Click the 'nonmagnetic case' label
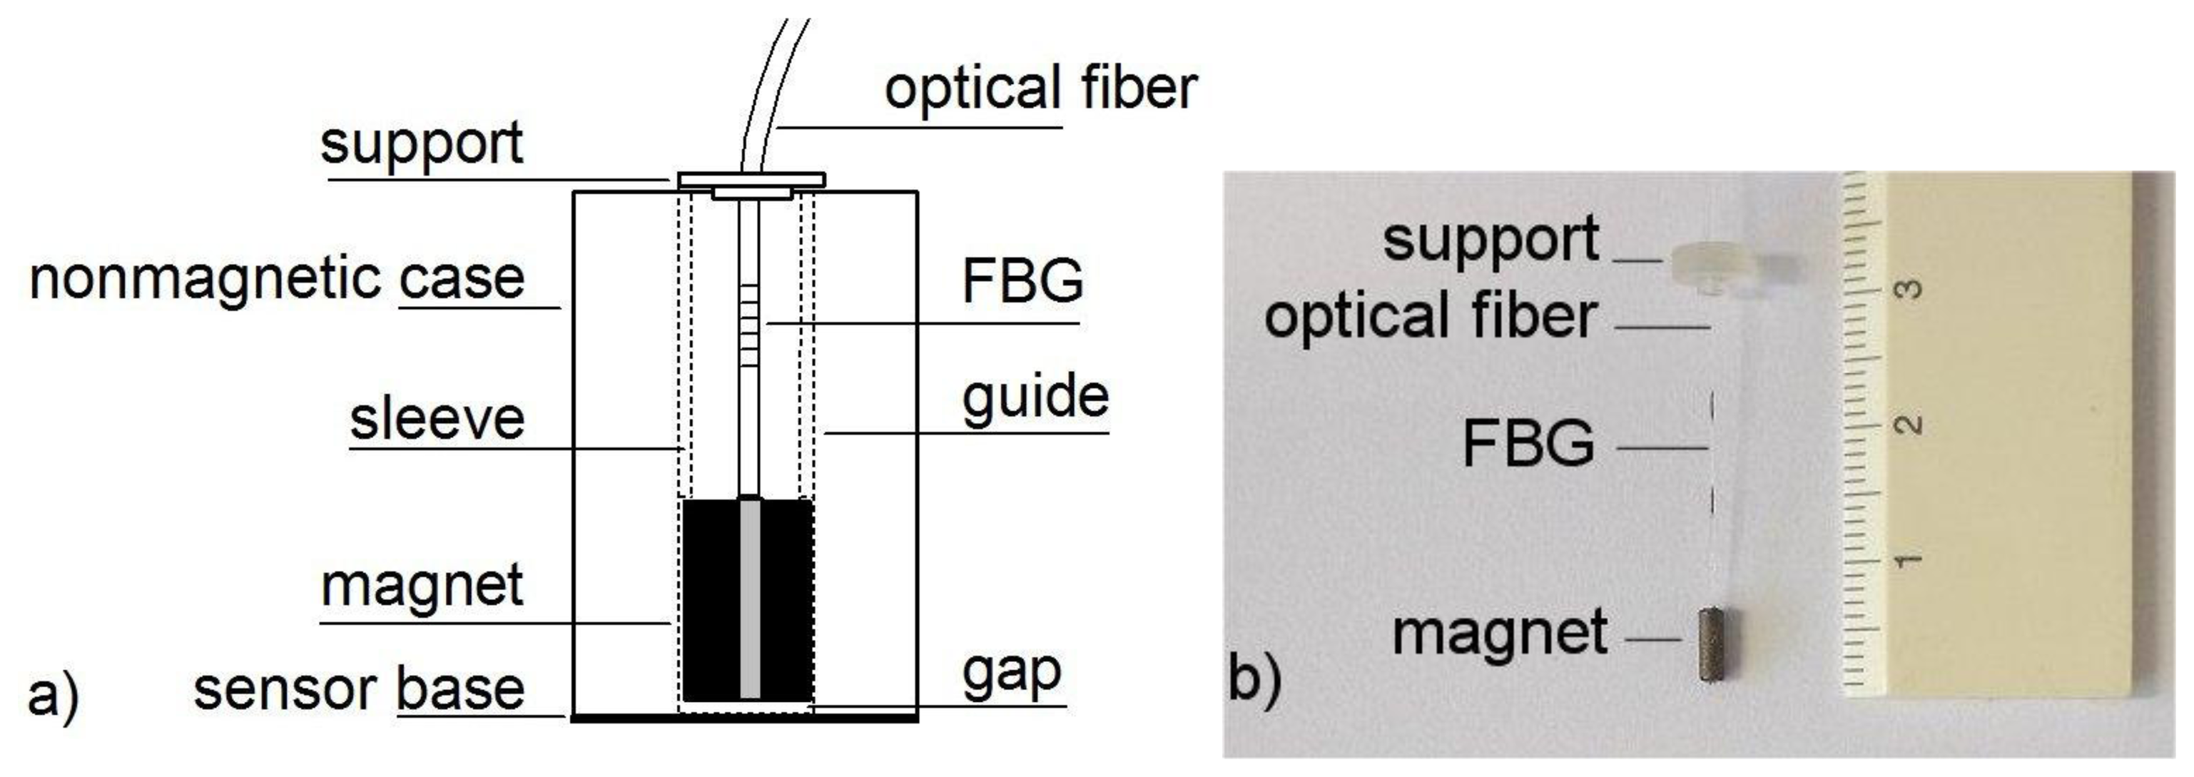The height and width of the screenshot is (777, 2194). click(277, 280)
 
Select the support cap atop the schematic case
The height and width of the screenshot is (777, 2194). click(751, 181)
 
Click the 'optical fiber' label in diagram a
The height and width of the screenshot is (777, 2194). click(1041, 88)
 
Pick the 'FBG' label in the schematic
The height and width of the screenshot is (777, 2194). click(1022, 281)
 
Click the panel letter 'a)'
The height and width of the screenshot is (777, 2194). click(53, 694)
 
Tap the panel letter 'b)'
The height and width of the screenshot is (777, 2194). click(1254, 679)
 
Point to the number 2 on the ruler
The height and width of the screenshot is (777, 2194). click(1909, 423)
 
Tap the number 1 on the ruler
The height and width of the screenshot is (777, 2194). click(1907, 560)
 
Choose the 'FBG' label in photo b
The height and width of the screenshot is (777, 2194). click(1528, 443)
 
